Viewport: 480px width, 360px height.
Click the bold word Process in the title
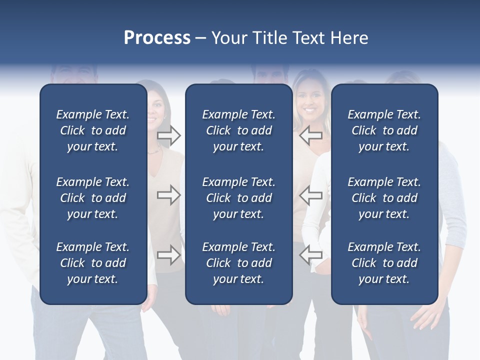tap(157, 38)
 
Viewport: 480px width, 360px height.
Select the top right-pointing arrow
tap(169, 135)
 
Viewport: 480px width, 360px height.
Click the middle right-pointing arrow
tap(169, 195)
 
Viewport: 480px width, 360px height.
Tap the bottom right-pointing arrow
tap(169, 255)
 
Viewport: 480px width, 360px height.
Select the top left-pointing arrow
tap(311, 135)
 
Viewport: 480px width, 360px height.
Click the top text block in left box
tap(93, 130)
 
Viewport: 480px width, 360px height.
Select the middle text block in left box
tap(93, 198)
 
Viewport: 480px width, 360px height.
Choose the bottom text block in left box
tap(93, 263)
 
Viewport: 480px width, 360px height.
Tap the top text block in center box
tap(239, 130)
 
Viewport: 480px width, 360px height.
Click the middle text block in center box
tap(239, 198)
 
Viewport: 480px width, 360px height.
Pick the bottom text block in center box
tap(239, 263)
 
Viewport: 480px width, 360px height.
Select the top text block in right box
tap(384, 130)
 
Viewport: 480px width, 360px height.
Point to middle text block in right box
tap(384, 198)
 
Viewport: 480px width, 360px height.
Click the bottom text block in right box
tap(384, 263)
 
